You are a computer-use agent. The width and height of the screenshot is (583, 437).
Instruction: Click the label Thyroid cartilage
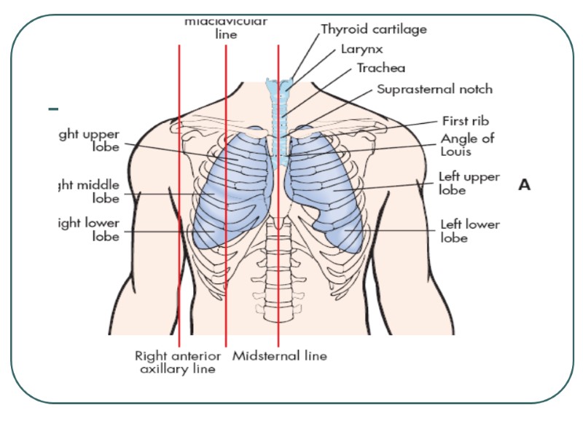point(374,30)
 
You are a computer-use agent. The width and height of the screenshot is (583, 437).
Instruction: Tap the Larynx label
point(361,50)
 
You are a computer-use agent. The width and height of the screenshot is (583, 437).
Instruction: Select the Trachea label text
point(381,68)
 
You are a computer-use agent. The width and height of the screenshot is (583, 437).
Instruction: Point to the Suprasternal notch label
point(434,90)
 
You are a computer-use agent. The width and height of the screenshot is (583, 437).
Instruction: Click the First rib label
point(465,121)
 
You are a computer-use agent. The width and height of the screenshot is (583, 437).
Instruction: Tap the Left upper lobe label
point(469,183)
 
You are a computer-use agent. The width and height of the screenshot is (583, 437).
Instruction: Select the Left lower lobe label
point(470,231)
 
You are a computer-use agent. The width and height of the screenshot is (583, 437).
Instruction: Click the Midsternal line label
point(280,356)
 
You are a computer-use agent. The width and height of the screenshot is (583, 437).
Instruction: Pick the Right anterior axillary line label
point(178,362)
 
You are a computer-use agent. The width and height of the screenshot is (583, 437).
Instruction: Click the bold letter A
point(525,186)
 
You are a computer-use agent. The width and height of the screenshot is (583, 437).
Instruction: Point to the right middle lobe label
point(90,191)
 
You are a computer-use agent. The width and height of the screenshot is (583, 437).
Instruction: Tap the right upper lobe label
point(90,141)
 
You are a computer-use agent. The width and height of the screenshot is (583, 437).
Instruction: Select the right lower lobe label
point(90,229)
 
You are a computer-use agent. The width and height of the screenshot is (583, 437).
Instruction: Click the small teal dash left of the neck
point(53,109)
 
